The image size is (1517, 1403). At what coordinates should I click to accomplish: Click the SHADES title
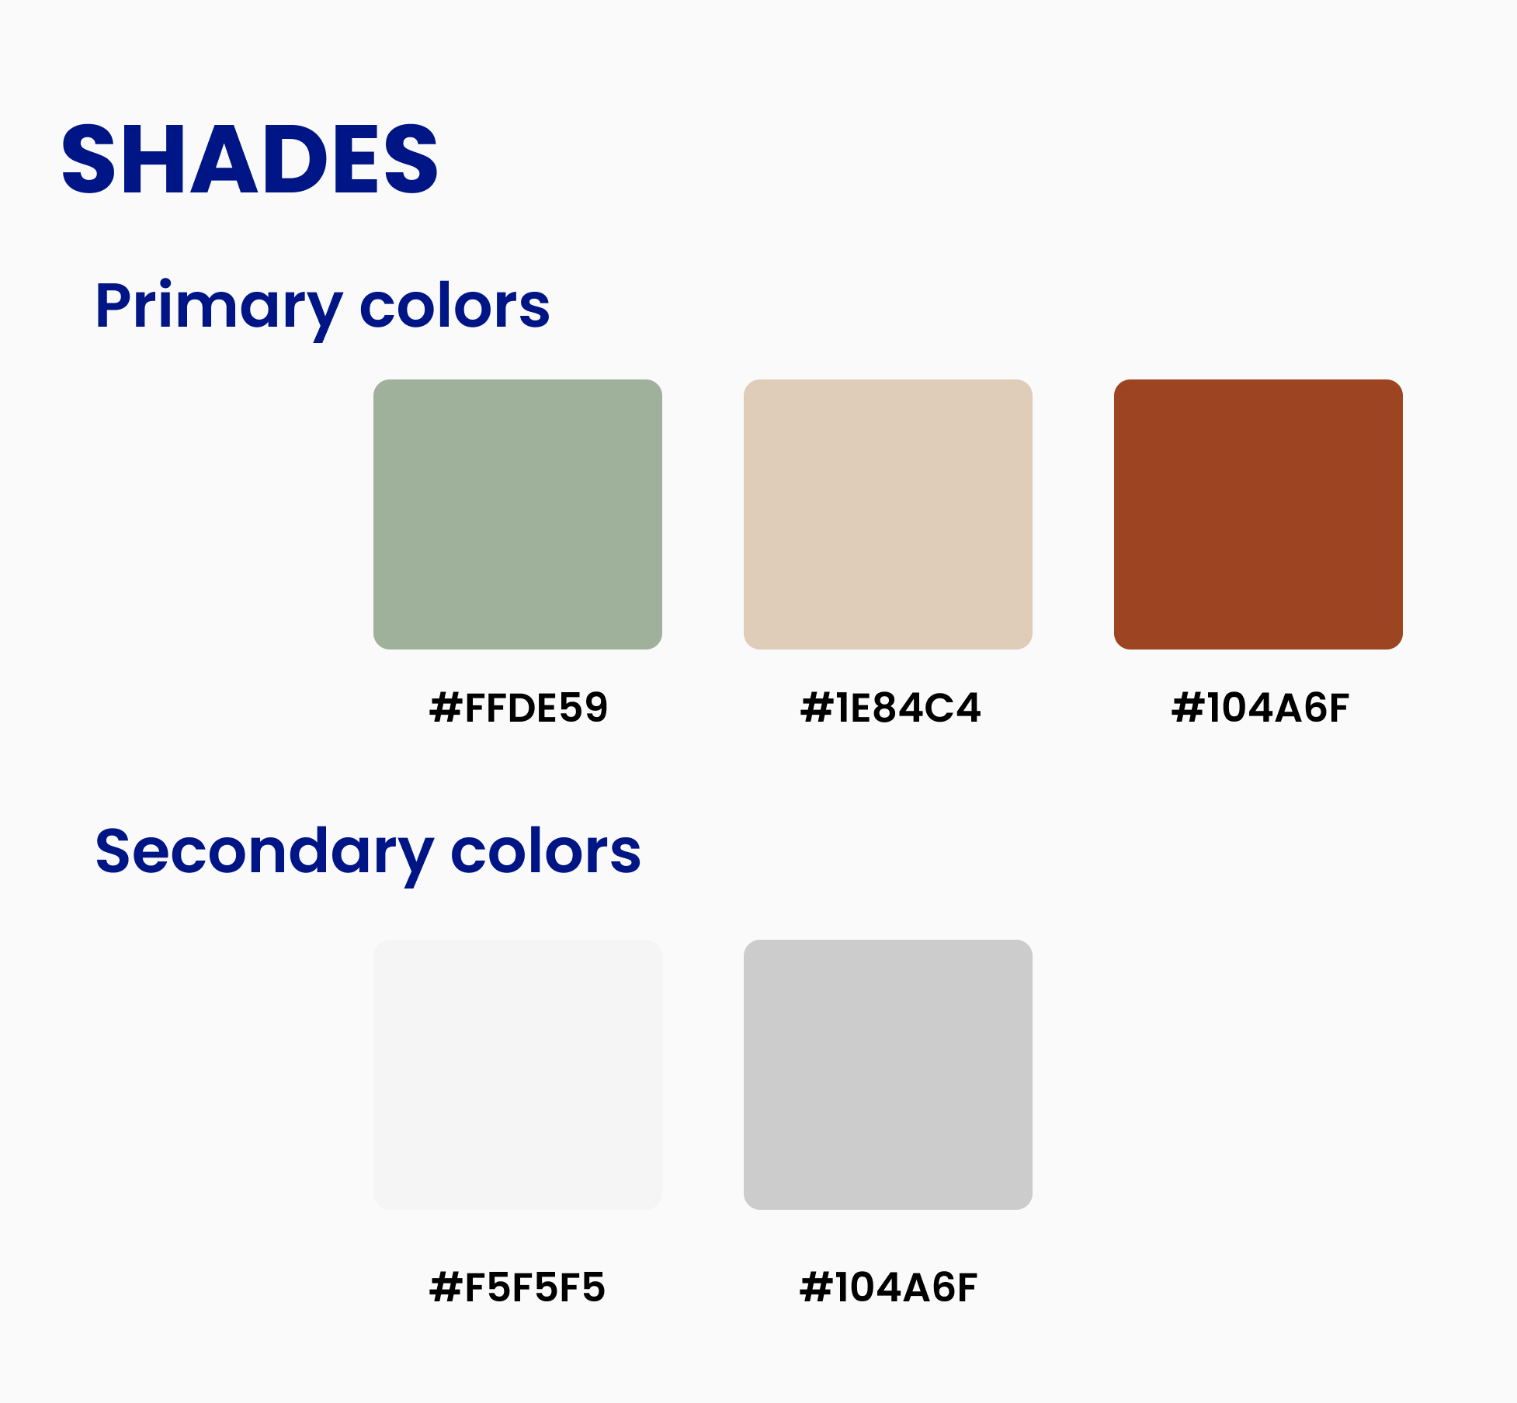pos(250,159)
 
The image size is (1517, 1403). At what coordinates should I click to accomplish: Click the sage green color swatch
pos(518,514)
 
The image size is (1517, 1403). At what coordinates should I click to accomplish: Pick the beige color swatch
pos(888,514)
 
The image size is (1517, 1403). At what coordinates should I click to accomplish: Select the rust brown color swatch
pos(1258,514)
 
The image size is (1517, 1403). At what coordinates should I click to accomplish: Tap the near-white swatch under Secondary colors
pos(518,1075)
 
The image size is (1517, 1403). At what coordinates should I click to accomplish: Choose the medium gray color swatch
pos(888,1075)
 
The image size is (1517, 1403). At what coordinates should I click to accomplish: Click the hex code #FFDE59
pos(519,708)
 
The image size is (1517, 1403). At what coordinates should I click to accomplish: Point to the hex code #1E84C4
pos(890,708)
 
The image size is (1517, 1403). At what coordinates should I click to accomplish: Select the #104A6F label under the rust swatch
pos(1260,708)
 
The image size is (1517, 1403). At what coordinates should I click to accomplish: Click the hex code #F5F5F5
pos(517,1287)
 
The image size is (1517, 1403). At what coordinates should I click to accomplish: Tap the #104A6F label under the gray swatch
pos(888,1287)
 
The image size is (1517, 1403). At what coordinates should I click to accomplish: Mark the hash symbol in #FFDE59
pos(446,708)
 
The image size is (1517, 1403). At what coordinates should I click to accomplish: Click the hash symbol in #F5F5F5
pos(446,1287)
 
